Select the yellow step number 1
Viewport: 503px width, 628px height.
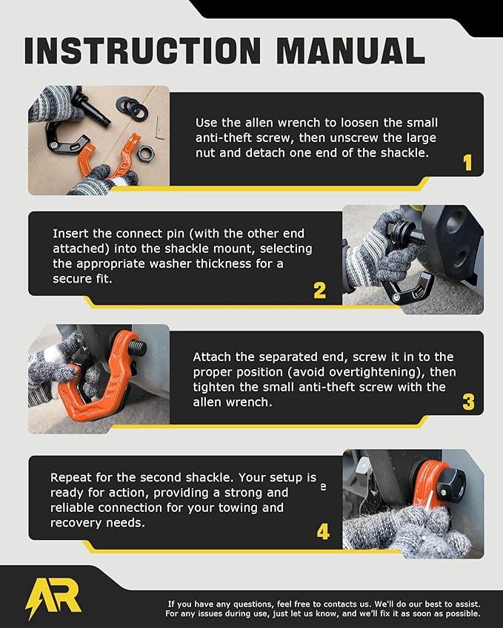pos(467,163)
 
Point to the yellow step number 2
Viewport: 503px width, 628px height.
pos(319,291)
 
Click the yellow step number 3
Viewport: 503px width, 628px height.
pos(468,402)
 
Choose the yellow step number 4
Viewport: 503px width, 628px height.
pos(322,531)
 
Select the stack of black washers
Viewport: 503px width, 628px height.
pos(133,108)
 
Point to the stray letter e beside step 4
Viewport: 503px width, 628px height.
pos(322,487)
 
